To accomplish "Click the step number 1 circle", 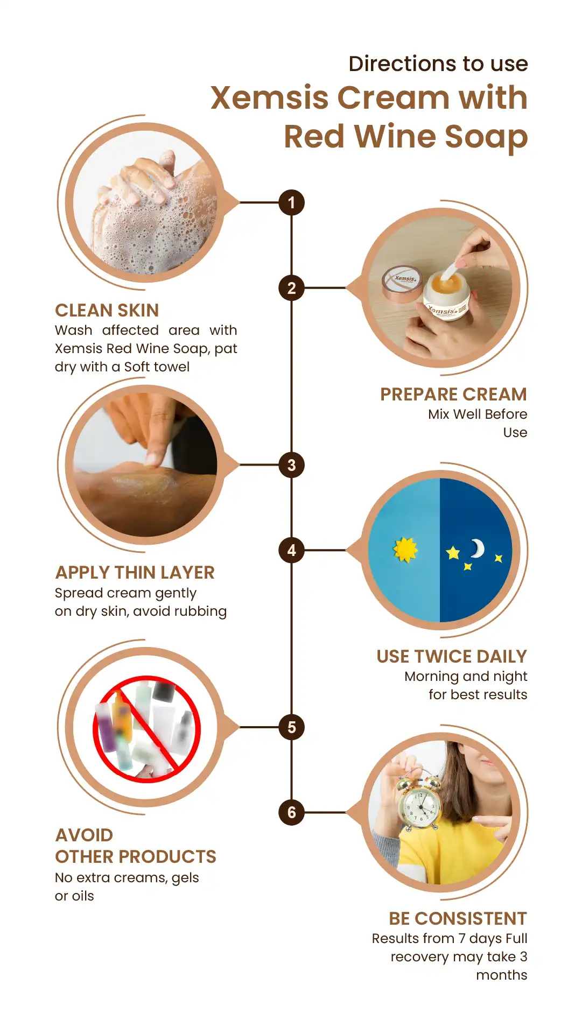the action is (291, 203).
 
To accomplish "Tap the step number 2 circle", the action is (291, 288).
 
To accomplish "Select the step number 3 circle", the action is (291, 465).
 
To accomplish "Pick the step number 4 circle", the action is (291, 550).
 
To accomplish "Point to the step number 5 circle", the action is (291, 727).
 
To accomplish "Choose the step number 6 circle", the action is (291, 812).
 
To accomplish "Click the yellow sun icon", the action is (405, 550).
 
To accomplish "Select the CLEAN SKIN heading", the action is (107, 311).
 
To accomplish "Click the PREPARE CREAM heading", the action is (453, 395).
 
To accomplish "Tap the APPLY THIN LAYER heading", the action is (135, 573).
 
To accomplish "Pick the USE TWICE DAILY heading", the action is (452, 657).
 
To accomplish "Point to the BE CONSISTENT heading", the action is (458, 918).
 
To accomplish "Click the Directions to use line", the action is (438, 64).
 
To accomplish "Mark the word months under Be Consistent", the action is (501, 975).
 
